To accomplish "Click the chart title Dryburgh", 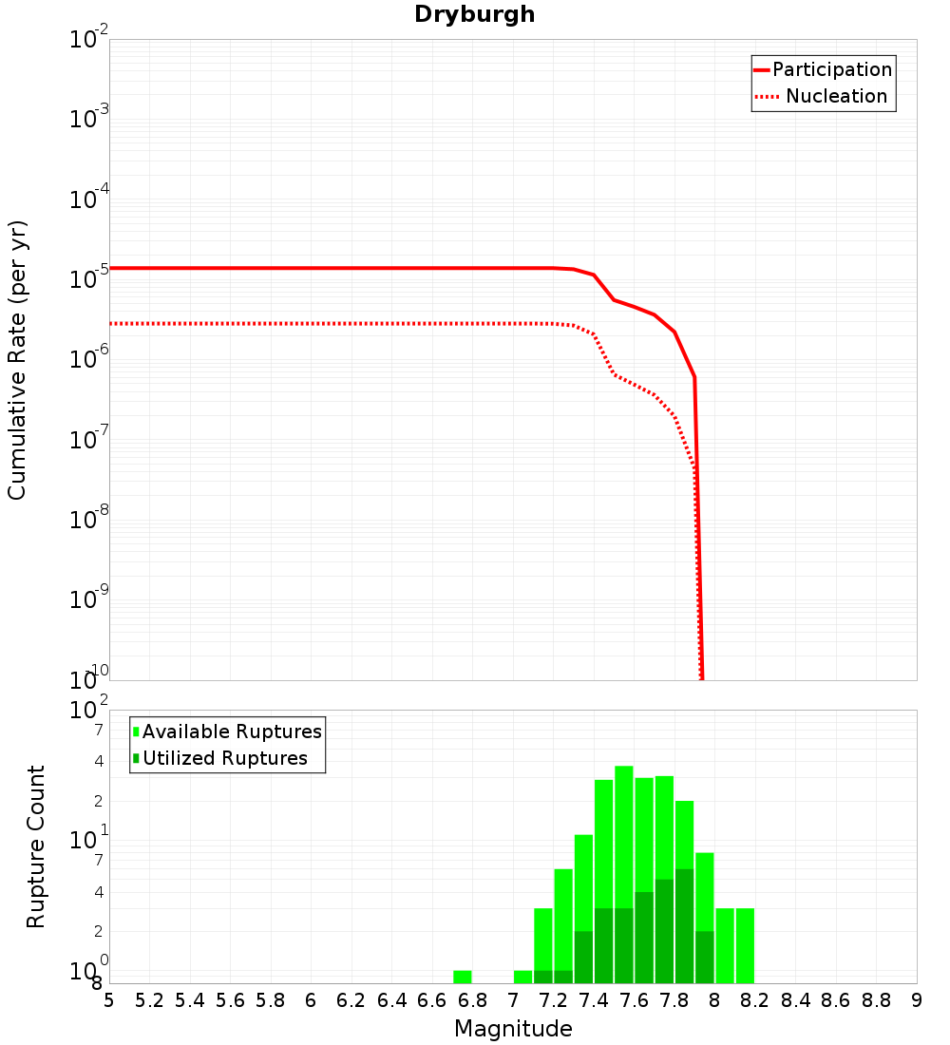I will tap(474, 15).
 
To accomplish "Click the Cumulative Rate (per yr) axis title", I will tap(17, 359).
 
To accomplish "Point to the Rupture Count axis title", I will tap(36, 845).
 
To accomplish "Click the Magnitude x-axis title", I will tap(513, 1029).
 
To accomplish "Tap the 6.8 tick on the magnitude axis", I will tap(472, 1000).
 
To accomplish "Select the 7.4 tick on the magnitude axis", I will tap(594, 1000).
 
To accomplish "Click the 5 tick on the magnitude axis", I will tap(109, 1000).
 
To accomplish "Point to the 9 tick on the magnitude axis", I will tap(917, 1000).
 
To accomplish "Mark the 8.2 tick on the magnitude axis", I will tap(755, 1000).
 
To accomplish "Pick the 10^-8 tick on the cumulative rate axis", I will tap(88, 520).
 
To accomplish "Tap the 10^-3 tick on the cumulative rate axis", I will tap(88, 120).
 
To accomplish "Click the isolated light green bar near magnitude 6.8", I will tap(463, 977).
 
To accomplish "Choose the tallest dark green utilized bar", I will tap(684, 926).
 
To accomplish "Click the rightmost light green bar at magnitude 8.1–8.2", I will tap(745, 945).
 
